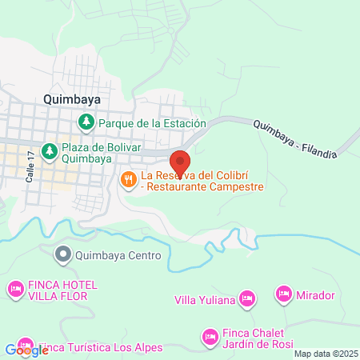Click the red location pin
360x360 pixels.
pos(181,162)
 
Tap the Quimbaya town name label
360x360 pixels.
pos(73,99)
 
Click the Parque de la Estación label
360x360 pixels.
pos(152,123)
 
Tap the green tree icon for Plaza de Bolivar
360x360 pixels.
pos(49,150)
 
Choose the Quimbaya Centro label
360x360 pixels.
pos(118,256)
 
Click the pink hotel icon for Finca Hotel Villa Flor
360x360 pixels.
pos(15,288)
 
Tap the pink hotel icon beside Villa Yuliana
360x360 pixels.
pos(247,299)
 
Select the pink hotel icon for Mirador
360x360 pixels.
pos(283,295)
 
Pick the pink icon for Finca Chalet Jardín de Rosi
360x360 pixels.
pos(210,335)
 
